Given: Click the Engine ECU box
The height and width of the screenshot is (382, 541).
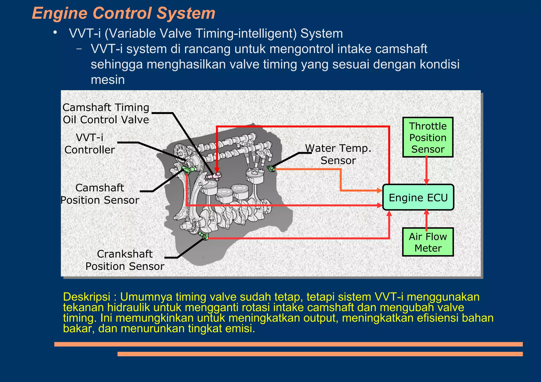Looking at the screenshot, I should point(418,197).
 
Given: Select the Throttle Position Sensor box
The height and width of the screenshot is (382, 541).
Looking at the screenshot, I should point(428,138).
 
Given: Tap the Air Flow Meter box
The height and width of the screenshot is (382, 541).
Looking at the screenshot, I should point(428,242).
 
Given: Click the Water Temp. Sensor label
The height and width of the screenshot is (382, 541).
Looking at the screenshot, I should point(338,154).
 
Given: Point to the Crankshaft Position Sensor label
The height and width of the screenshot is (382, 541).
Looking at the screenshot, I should point(125,260).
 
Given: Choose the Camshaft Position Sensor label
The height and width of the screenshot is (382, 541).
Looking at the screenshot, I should point(100,194).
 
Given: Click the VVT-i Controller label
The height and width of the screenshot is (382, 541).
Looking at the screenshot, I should point(90,144).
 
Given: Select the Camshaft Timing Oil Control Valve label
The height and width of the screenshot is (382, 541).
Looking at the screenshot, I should point(106,114).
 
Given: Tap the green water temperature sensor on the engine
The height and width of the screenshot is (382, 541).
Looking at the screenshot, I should point(271,168).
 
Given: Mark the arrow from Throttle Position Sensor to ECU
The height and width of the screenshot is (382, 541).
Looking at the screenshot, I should point(426,170).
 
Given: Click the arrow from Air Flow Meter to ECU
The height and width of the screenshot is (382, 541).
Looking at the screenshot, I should point(426,219).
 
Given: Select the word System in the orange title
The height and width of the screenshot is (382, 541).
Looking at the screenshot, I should point(186,13).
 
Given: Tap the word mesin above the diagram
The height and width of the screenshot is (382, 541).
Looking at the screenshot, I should point(108,80).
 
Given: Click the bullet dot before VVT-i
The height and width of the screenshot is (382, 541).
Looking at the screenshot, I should point(55,32).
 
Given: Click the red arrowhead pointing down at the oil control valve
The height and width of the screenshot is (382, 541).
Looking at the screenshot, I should point(217,169).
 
